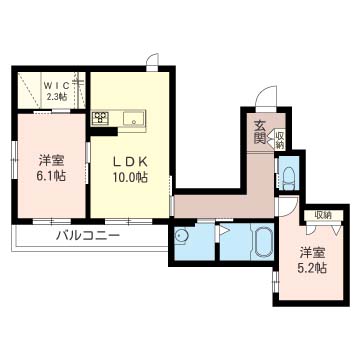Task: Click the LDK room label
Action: [x=130, y=162]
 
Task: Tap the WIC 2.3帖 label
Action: [x=56, y=91]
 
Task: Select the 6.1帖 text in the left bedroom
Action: [x=51, y=176]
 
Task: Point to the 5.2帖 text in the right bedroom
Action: [x=313, y=268]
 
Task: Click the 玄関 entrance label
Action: [x=260, y=132]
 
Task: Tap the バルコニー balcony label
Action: [x=88, y=236]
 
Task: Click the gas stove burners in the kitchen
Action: [x=101, y=118]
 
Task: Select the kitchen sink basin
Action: [x=133, y=118]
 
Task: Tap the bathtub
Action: [x=264, y=241]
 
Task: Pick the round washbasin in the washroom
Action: [x=181, y=237]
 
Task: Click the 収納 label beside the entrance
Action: [x=279, y=140]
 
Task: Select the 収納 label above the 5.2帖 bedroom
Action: [x=323, y=215]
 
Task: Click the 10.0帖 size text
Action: [x=130, y=178]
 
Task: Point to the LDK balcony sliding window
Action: [x=129, y=221]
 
